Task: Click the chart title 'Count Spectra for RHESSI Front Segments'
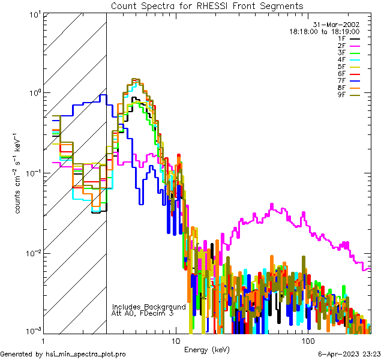click(x=207, y=5)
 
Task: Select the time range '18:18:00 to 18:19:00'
click(x=325, y=31)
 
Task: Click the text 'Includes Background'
click(x=149, y=307)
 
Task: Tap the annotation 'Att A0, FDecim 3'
click(x=143, y=313)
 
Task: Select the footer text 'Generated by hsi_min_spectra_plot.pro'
click(x=63, y=355)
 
